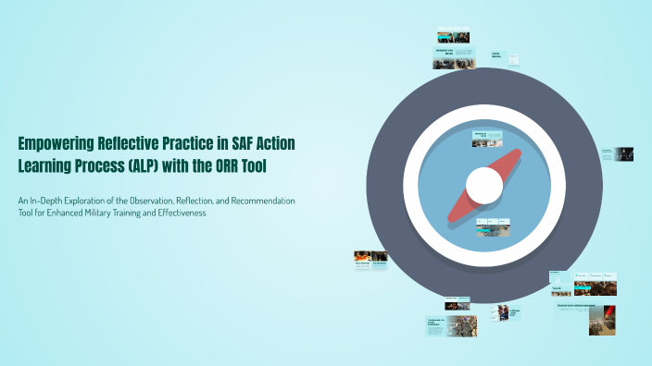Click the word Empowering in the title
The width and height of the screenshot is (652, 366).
tap(58, 143)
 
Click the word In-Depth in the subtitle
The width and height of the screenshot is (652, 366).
tap(50, 201)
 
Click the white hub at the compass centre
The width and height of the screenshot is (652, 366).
tap(483, 186)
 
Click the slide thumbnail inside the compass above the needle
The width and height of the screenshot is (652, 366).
tap(486, 140)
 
